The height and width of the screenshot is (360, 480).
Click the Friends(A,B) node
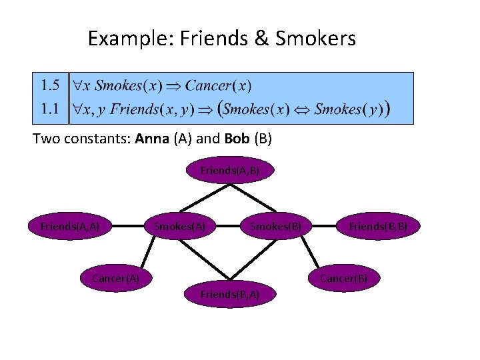pyautogui.click(x=230, y=171)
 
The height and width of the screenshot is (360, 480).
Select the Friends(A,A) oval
pyautogui.click(x=70, y=227)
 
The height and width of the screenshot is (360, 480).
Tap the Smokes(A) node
pyautogui.click(x=179, y=227)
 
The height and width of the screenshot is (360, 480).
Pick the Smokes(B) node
pyautogui.click(x=275, y=227)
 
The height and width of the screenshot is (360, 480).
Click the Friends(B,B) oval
pyautogui.click(x=378, y=227)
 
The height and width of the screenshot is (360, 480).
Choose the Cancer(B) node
pyautogui.click(x=343, y=277)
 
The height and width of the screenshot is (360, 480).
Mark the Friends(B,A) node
pyautogui.click(x=230, y=294)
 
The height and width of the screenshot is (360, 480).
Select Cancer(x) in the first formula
pyautogui.click(x=218, y=86)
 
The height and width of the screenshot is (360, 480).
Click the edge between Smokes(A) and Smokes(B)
pyautogui.click(x=227, y=227)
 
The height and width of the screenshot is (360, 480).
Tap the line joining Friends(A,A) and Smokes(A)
pyautogui.click(x=127, y=227)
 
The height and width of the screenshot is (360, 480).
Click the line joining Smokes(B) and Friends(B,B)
pyautogui.click(x=326, y=227)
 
